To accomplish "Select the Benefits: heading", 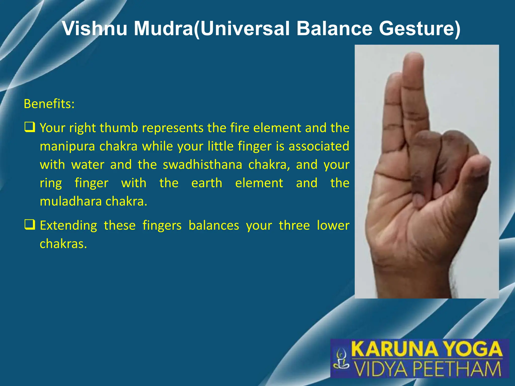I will (x=49, y=104).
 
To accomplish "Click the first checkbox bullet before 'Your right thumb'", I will (x=30, y=127).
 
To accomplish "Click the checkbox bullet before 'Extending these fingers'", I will (x=30, y=225).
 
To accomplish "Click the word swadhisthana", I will (x=202, y=165).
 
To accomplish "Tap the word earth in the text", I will (x=207, y=183).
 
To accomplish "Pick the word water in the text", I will (x=88, y=165).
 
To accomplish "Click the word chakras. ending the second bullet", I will (x=63, y=244).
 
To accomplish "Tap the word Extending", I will (x=68, y=225).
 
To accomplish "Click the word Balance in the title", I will (x=334, y=28).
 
